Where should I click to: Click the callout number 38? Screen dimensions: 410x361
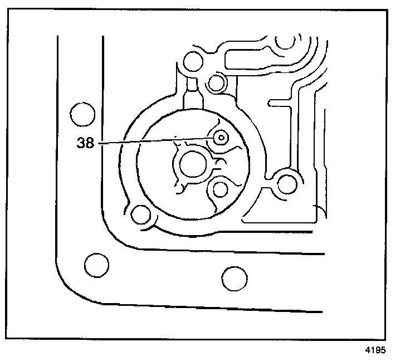tap(86, 143)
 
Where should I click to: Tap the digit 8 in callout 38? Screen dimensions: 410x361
tap(90, 143)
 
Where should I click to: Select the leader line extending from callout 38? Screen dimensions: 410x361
tap(156, 142)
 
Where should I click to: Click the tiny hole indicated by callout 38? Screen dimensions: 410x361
tap(221, 136)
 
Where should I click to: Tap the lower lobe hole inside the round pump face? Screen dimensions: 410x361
tap(219, 189)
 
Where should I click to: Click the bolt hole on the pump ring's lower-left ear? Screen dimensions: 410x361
tap(140, 213)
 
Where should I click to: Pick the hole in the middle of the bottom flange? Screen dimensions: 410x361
tap(233, 276)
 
